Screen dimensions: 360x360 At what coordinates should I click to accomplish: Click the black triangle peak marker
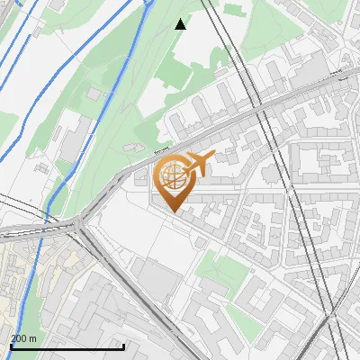click(x=181, y=24)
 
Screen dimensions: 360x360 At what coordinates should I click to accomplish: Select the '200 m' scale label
click(x=23, y=338)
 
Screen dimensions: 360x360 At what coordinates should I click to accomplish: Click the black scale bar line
click(x=67, y=346)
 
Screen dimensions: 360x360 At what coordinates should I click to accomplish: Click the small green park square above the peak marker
click(x=233, y=10)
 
